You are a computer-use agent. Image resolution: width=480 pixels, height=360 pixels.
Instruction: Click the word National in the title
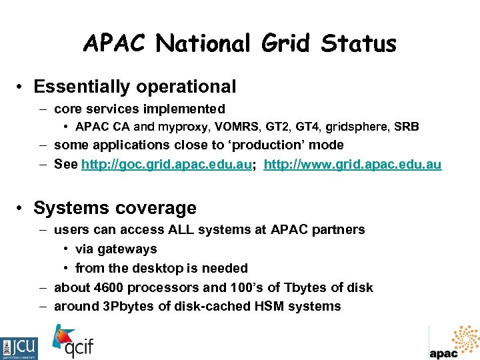coord(203,44)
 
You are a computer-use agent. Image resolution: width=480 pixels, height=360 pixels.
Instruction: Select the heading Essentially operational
coord(135,87)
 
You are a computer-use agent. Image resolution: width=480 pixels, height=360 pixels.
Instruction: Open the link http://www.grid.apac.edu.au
coord(353,165)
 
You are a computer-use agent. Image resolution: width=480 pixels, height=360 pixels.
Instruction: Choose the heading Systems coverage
coord(115,208)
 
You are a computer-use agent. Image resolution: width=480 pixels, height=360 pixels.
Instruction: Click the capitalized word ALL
coord(177,229)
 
